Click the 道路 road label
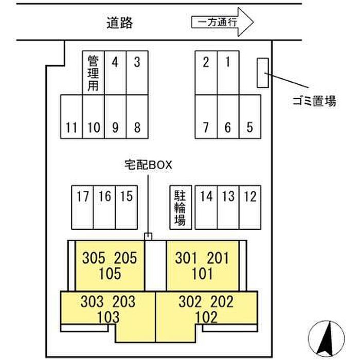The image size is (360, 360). [x=119, y=22]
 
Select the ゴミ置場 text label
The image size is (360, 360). [x=312, y=101]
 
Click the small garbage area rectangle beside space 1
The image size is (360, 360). [x=263, y=73]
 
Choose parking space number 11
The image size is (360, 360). [x=71, y=117]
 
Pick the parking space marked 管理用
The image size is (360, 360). [x=93, y=72]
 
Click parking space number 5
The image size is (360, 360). [x=249, y=117]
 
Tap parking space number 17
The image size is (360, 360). [x=82, y=207]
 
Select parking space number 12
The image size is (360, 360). [x=250, y=207]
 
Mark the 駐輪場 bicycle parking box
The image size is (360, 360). [x=180, y=207]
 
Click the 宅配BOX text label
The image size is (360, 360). [x=148, y=165]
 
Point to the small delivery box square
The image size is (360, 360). [x=149, y=236]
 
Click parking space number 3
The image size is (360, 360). [x=137, y=72]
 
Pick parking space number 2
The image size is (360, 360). [x=206, y=72]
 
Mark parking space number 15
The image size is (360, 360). [x=126, y=207]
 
